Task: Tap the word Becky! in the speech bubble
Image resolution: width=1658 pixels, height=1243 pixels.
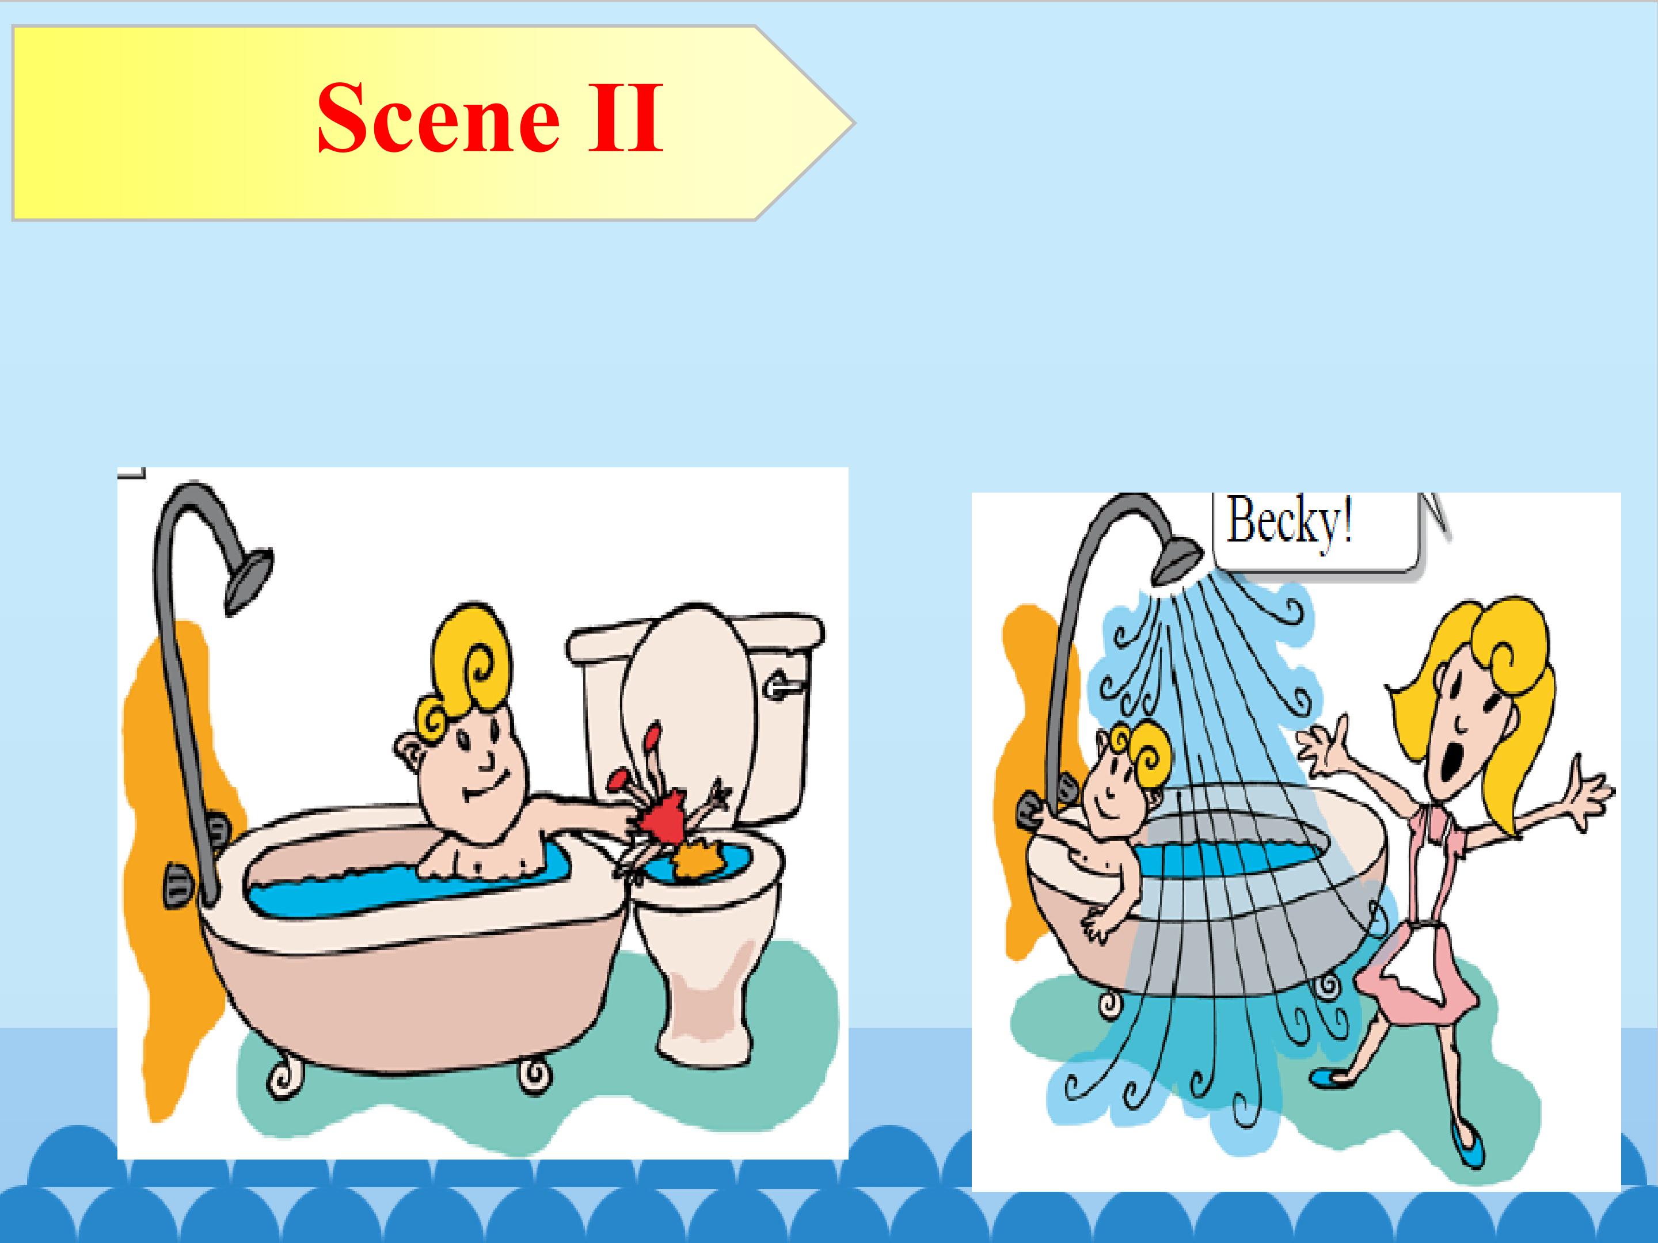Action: tap(1289, 521)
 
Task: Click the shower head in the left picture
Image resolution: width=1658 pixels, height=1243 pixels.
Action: tap(248, 581)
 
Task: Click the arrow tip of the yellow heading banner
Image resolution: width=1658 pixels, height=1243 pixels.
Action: tap(853, 122)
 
